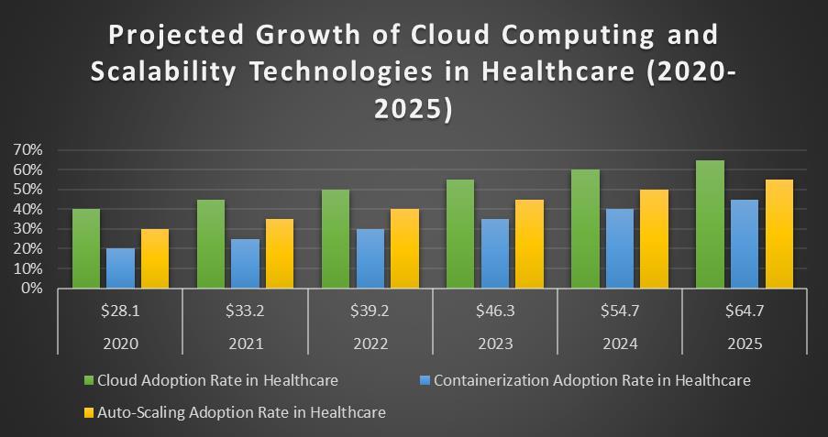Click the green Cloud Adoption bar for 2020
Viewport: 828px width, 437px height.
tap(86, 248)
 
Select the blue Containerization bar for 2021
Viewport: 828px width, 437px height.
tap(245, 263)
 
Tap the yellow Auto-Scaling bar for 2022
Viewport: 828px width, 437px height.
tap(404, 248)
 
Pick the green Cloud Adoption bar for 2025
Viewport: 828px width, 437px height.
tap(710, 224)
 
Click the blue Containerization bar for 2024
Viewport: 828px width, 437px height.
tap(620, 248)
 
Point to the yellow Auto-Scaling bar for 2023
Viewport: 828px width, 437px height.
tap(529, 244)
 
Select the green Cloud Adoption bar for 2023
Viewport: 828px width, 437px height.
tap(460, 234)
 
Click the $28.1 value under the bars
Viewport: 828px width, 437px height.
tap(120, 311)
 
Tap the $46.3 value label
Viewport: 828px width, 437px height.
tap(494, 311)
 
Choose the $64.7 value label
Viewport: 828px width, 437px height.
tap(744, 311)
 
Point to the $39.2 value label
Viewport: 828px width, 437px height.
tap(370, 311)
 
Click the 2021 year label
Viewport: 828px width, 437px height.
tap(245, 344)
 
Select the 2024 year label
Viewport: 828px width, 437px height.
tap(619, 344)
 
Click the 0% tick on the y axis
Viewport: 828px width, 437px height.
tap(33, 288)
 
